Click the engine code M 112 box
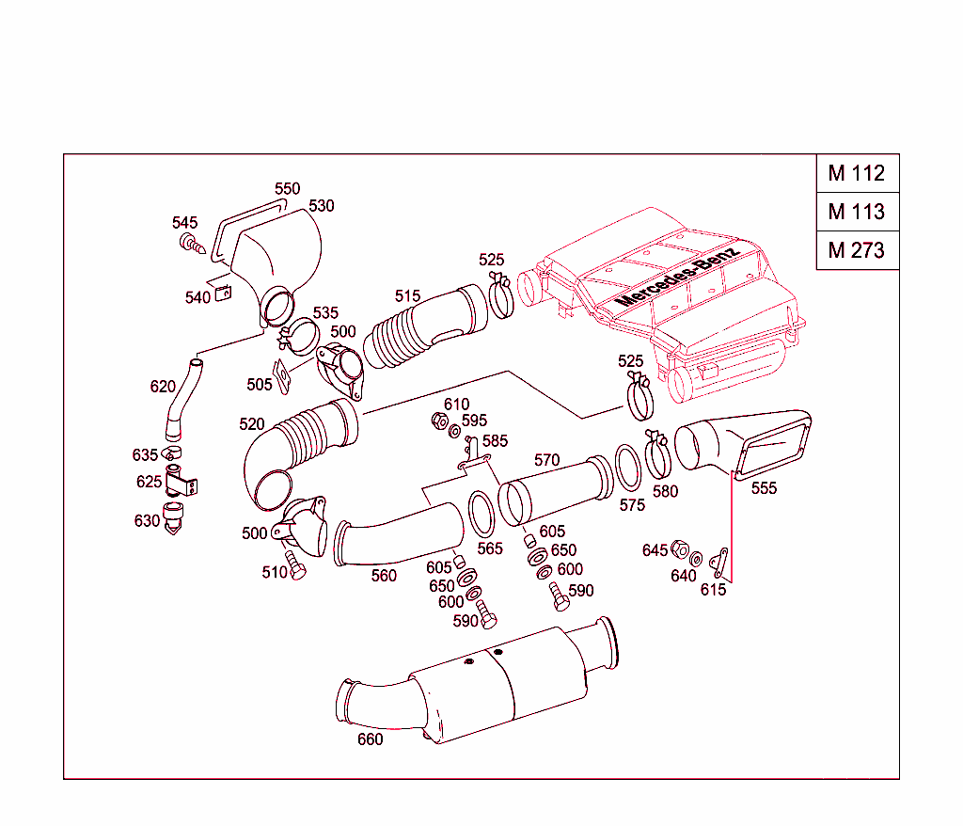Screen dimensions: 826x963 pos(857,173)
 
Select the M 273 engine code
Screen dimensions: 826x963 pos(857,251)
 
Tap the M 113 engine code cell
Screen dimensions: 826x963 pos(857,212)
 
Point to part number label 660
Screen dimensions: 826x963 pos(370,739)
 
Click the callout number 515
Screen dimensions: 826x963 pos(407,296)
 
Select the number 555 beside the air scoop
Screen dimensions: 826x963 pos(764,488)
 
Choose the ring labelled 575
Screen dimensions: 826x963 pos(628,468)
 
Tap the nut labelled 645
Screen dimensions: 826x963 pos(680,549)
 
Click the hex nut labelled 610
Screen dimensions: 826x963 pos(437,421)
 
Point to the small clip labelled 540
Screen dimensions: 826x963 pos(224,293)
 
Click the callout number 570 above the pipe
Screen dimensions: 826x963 pos(546,460)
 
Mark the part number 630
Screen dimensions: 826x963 pos(147,520)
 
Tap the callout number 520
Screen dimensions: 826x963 pos(252,424)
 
